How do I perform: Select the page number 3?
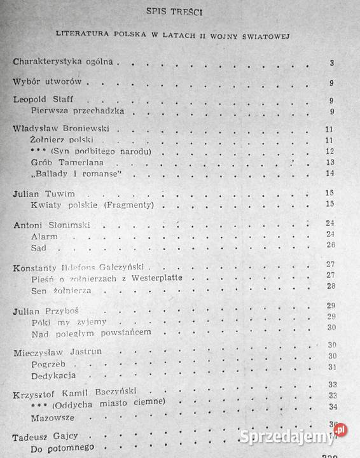[x=332, y=62]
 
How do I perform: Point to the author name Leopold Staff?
[x=43, y=100]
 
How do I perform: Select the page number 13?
[x=329, y=162]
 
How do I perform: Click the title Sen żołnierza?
[x=61, y=290]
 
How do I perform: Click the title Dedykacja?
[x=54, y=377]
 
